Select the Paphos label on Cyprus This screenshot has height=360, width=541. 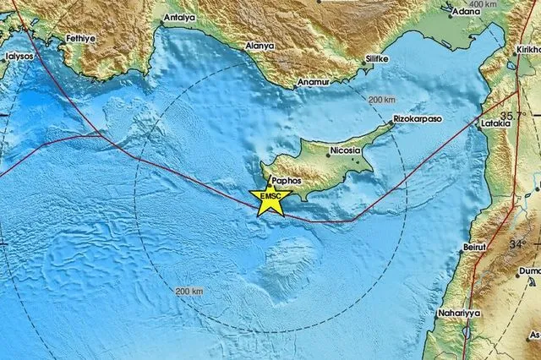286,180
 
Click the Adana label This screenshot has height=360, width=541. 466,12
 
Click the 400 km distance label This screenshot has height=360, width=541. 483,4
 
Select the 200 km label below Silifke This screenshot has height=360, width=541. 382,100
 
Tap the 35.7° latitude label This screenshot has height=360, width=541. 512,114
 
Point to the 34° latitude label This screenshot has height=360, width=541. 517,243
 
